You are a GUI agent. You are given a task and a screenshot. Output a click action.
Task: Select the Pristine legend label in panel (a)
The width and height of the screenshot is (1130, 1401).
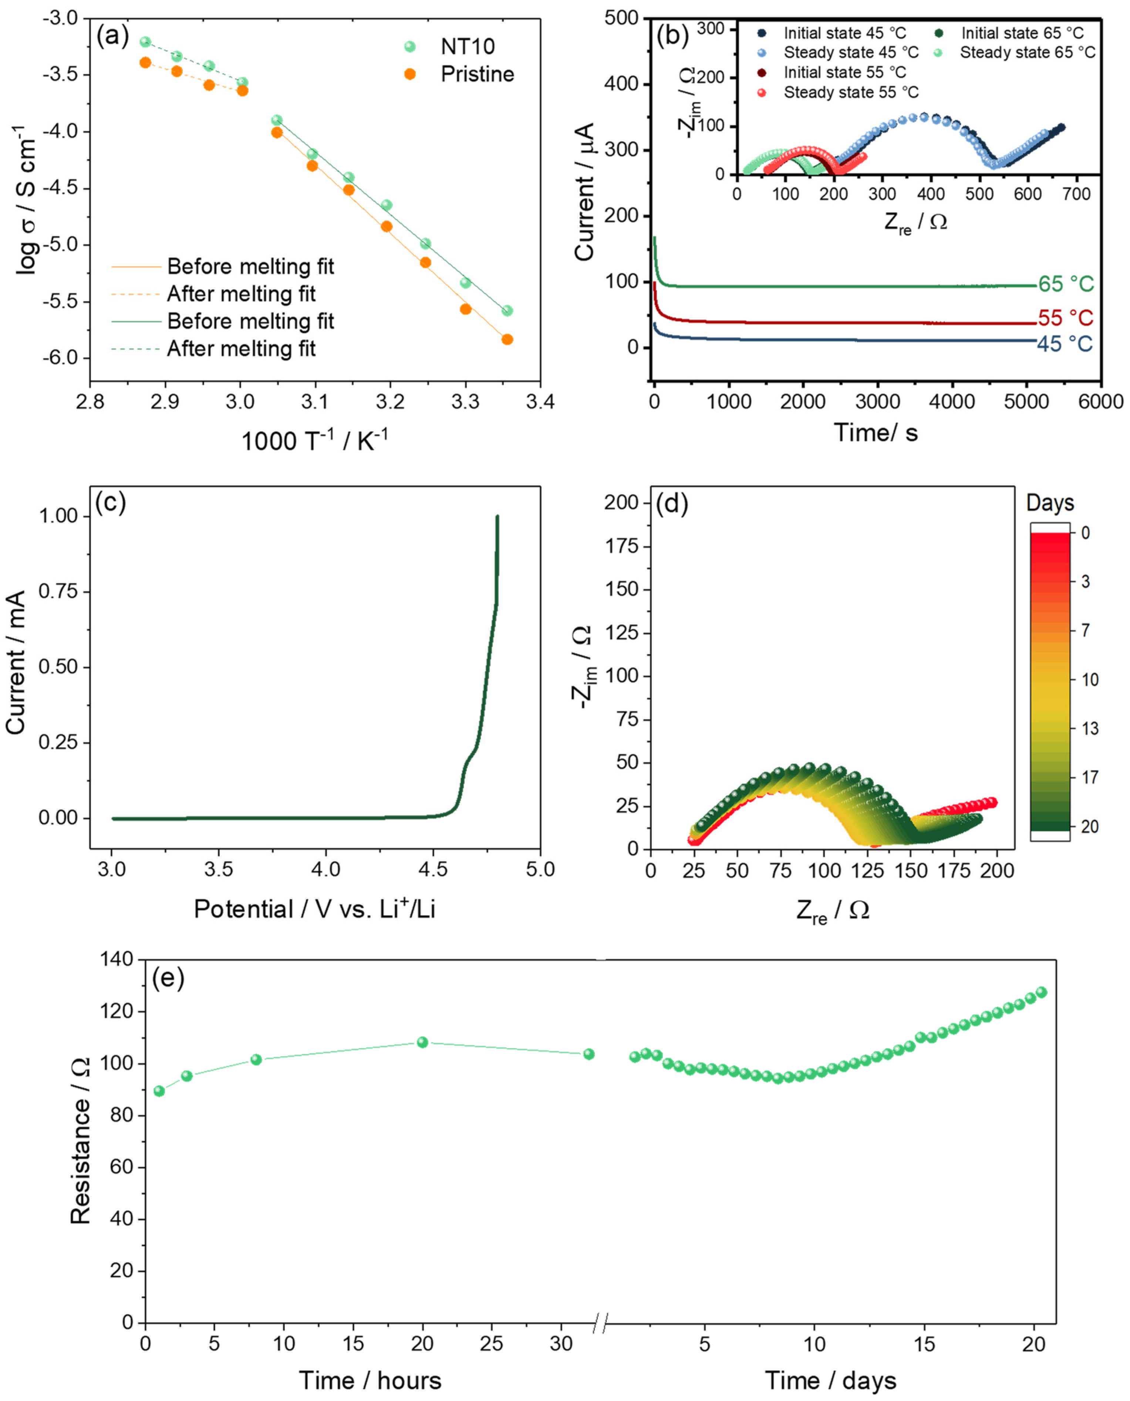pos(477,74)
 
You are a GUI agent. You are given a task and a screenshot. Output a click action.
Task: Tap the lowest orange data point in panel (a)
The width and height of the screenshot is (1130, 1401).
pos(507,339)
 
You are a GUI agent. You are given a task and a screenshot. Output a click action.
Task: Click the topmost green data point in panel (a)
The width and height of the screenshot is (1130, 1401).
pos(145,42)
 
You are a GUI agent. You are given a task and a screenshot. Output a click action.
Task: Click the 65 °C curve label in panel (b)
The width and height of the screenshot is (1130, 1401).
pos(1065,285)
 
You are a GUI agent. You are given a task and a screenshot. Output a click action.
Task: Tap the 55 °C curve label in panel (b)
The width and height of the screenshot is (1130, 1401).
pos(1065,318)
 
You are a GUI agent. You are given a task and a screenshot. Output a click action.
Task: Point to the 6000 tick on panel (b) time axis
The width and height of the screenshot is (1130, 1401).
pos(1100,402)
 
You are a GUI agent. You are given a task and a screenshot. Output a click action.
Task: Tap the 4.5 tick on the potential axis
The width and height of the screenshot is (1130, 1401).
pos(433,869)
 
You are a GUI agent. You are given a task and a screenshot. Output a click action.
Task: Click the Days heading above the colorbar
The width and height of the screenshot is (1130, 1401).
pos(1049,503)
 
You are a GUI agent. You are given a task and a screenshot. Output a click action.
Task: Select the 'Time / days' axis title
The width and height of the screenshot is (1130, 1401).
pos(830,1380)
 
